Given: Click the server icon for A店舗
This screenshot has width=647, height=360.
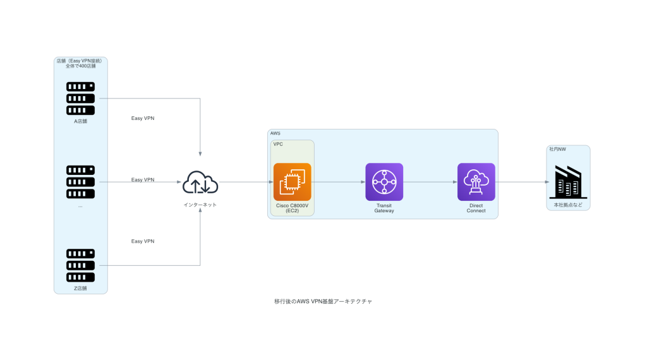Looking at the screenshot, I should point(80,98).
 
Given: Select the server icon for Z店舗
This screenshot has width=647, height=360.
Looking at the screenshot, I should point(80,265).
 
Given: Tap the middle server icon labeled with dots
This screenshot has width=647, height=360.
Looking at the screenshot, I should point(80,181).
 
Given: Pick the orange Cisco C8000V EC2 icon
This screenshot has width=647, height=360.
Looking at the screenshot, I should point(292,182).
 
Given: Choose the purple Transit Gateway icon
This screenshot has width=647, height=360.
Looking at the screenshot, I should point(384,182).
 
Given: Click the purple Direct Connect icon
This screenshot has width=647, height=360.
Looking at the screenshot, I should point(476,182).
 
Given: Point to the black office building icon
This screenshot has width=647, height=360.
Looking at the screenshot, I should point(568,182).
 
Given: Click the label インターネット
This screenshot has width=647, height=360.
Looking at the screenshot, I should point(200,205).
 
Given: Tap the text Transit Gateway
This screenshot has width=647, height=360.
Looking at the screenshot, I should point(384,208).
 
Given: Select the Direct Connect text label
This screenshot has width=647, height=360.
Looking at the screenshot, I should point(476,208).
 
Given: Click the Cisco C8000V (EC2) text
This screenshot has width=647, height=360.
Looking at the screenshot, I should point(292,208).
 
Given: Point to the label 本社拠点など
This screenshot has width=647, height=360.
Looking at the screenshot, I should point(568,205).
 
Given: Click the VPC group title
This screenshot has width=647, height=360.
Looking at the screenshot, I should point(278,145).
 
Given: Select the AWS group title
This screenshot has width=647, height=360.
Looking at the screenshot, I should point(275,134).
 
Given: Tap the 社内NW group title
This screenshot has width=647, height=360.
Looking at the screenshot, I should point(557,150).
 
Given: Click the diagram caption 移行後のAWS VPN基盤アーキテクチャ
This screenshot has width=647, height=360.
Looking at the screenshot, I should point(323,302).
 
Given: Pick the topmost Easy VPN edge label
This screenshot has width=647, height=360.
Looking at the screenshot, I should point(143,118).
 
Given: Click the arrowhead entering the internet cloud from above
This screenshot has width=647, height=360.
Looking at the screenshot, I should point(200,155).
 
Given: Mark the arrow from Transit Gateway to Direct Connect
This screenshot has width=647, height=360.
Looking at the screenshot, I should point(430,182).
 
